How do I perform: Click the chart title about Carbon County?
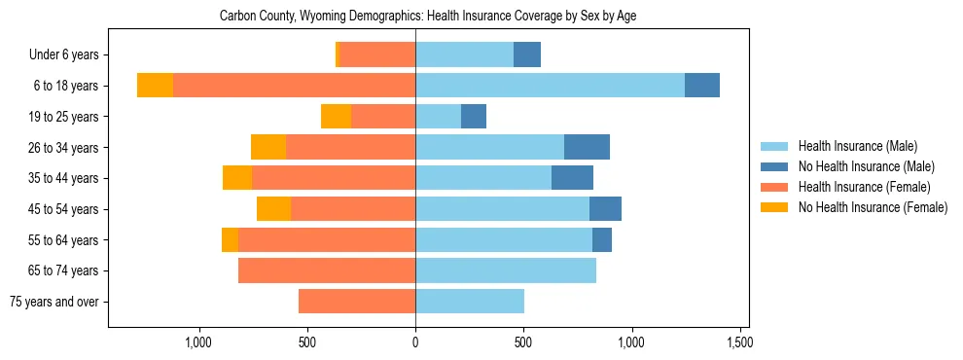(428, 17)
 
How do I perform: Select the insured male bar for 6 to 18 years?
(550, 86)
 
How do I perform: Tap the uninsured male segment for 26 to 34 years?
(587, 147)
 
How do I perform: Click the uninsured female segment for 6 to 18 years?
(155, 86)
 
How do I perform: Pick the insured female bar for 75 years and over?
(357, 302)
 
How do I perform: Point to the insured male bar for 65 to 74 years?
(506, 270)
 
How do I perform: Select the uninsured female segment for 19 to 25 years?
(336, 117)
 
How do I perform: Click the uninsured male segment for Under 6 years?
(527, 54)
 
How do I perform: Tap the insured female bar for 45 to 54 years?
(353, 209)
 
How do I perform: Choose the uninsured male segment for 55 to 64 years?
(602, 239)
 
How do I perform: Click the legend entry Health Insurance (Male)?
(857, 146)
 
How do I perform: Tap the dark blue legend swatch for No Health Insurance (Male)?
(775, 166)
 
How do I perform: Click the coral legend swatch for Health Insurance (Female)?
(775, 187)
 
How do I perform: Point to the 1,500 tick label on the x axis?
(739, 342)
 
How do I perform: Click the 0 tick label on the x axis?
(415, 342)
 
